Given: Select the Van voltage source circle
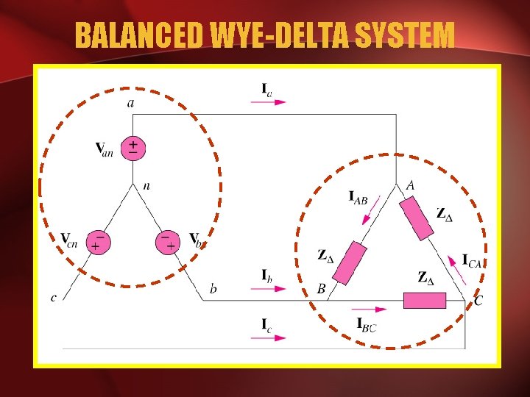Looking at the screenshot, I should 132,147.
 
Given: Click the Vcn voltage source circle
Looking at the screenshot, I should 96,242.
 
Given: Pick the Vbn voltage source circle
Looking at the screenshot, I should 169,242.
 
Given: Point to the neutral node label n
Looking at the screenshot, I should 146,187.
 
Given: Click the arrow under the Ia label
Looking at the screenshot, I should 269,102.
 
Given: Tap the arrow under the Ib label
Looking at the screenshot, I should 269,288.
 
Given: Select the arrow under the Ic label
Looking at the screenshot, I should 269,337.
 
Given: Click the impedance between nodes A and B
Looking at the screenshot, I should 349,262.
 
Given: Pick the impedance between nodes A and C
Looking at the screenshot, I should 417,218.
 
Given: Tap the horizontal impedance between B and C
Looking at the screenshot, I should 425,300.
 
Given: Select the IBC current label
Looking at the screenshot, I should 366,324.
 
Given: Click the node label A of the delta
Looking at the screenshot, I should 410,186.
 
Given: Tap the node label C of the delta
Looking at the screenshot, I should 478,300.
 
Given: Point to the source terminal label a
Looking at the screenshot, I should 131,103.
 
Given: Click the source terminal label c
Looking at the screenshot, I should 53,298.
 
